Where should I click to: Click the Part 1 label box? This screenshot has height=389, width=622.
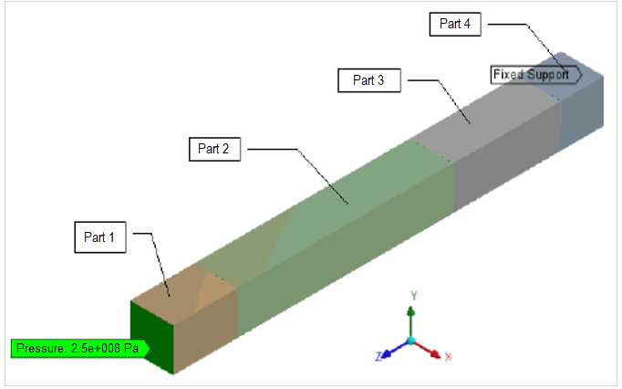[99, 237]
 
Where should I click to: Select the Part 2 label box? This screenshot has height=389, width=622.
[213, 149]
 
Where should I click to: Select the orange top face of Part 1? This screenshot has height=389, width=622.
[181, 286]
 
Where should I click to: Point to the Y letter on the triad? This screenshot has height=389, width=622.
[414, 295]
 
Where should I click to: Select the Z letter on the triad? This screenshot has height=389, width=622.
[378, 356]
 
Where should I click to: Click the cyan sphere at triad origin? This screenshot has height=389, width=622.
[412, 341]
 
